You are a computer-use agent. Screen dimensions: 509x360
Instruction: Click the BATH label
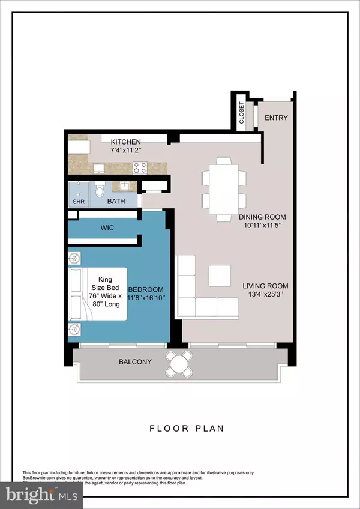[x=116, y=202]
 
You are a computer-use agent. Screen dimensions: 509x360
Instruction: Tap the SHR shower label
[x=78, y=202]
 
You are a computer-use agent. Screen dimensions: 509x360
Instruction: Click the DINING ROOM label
[x=262, y=217]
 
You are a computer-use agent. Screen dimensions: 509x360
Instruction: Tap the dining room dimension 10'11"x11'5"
[x=262, y=227]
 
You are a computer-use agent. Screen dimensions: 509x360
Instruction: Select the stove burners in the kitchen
[x=140, y=168]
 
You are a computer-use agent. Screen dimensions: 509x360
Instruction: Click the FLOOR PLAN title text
[x=179, y=429]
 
